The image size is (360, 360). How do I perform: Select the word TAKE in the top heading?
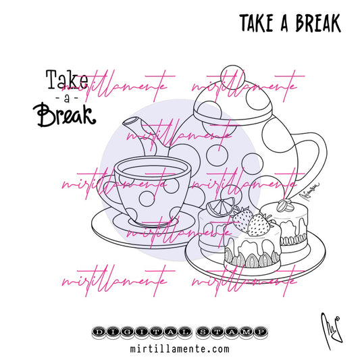(259, 23)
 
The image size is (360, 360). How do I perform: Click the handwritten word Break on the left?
(64, 116)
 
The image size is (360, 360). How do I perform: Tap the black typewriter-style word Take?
(66, 80)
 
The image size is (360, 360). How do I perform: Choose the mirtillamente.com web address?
(179, 349)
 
